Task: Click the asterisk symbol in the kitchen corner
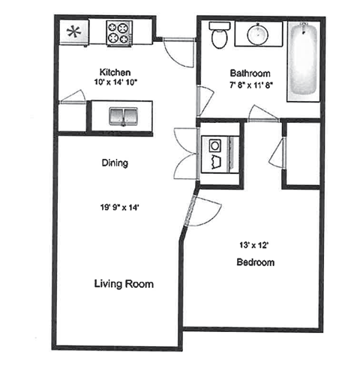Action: (74, 32)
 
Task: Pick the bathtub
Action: (304, 58)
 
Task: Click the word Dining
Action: (114, 163)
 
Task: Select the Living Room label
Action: (124, 284)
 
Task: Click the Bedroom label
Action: (255, 262)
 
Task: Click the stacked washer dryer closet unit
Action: (218, 153)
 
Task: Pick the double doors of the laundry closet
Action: (184, 154)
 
